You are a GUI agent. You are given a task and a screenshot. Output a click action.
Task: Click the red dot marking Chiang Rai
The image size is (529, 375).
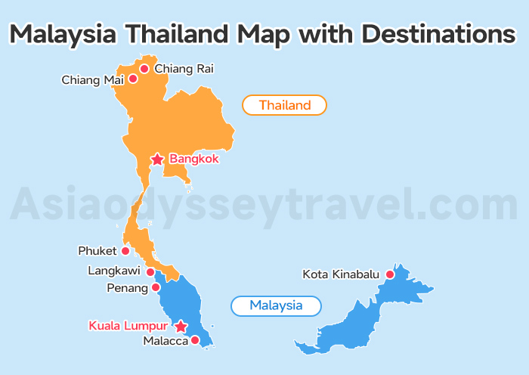(144, 69)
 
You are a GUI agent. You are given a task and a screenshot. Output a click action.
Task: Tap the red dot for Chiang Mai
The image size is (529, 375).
(133, 78)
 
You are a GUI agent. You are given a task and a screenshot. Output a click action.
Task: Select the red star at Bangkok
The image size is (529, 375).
(156, 159)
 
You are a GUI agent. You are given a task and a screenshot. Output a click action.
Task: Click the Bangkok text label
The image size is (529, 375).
(194, 159)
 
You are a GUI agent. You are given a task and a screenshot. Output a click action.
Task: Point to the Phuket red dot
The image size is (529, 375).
(125, 251)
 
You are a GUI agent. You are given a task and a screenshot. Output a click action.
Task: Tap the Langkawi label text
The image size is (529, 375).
(114, 271)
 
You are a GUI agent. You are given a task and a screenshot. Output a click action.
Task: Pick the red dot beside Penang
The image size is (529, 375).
(156, 287)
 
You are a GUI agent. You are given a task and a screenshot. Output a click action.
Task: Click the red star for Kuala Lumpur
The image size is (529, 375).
(181, 327)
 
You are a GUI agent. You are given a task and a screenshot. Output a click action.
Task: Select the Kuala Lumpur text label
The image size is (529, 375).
(128, 326)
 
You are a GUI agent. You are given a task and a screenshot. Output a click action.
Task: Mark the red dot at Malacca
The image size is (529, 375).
(195, 340)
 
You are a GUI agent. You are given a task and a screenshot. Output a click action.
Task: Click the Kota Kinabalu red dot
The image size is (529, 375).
(390, 274)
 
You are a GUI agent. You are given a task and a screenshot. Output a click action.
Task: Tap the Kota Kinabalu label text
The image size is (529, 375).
(342, 274)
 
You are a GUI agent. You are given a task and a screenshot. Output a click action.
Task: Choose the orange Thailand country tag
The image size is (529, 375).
(284, 105)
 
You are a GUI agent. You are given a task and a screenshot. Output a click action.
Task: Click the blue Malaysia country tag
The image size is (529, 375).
(276, 305)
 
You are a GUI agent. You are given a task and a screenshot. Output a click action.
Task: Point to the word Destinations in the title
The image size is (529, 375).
(440, 34)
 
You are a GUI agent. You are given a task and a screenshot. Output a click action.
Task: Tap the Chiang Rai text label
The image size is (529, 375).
(184, 69)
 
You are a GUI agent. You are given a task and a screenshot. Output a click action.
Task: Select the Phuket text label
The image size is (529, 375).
(97, 251)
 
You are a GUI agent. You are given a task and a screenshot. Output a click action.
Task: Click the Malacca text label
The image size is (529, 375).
(166, 341)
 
